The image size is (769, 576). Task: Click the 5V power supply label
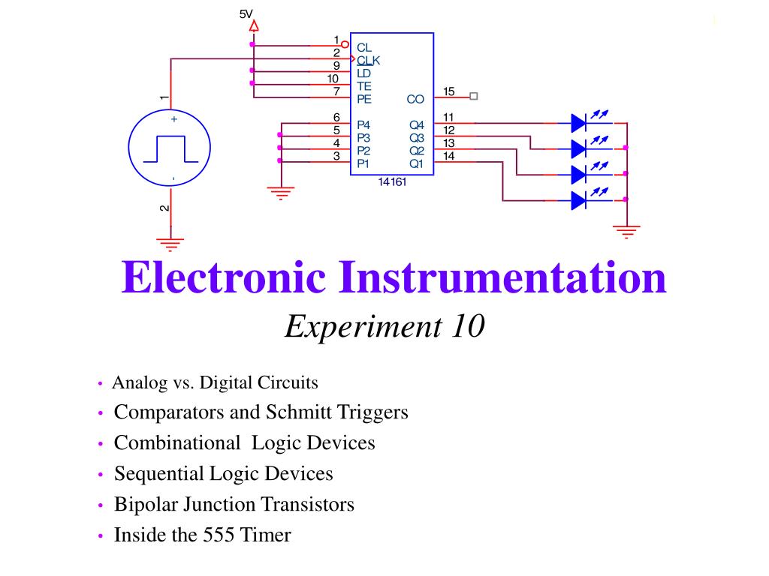pyautogui.click(x=246, y=14)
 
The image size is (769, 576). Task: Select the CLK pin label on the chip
pyautogui.click(x=368, y=60)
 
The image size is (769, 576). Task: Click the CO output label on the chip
pyautogui.click(x=415, y=99)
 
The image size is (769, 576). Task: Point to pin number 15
pyautogui.click(x=449, y=91)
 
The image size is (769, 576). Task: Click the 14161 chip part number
pyautogui.click(x=392, y=181)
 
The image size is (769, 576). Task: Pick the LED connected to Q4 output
pyautogui.click(x=579, y=123)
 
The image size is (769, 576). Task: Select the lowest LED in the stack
pyautogui.click(x=579, y=200)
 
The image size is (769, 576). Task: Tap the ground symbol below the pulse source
pyautogui.click(x=170, y=244)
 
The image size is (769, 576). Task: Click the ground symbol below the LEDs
pyautogui.click(x=627, y=231)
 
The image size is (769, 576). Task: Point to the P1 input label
pyautogui.click(x=363, y=163)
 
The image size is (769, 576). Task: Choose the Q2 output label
pyautogui.click(x=416, y=151)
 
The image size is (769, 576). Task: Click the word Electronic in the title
pyautogui.click(x=224, y=277)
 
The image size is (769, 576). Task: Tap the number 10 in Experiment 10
pyautogui.click(x=469, y=326)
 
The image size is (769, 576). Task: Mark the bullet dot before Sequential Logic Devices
pyautogui.click(x=101, y=475)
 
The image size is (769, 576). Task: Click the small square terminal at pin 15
pyautogui.click(x=473, y=97)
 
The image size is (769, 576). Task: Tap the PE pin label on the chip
pyautogui.click(x=364, y=99)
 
